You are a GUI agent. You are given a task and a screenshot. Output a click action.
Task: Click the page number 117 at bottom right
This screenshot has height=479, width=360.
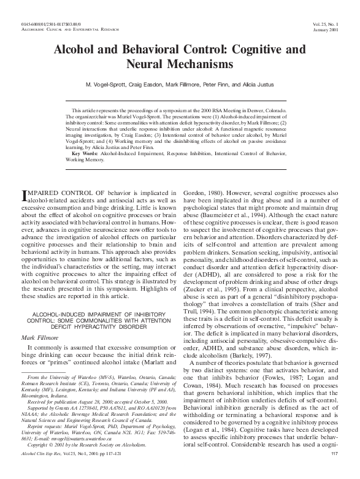[334, 470]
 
